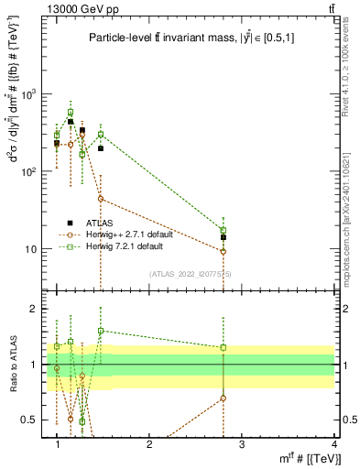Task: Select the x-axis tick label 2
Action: [x=149, y=444]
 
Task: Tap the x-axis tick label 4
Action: [x=333, y=444]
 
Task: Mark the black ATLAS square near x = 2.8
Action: [x=223, y=237]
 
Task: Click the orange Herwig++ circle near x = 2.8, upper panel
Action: [x=223, y=251]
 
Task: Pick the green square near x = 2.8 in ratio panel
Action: [x=223, y=347]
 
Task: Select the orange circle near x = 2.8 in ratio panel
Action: [x=223, y=398]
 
